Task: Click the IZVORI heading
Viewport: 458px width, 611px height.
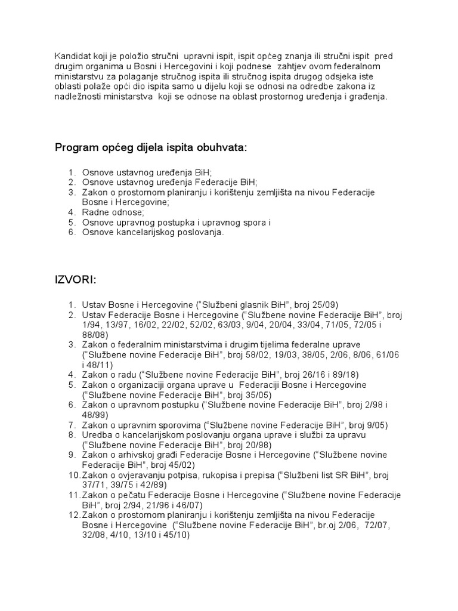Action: tap(76, 280)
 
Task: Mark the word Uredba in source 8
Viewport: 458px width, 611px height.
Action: tap(97, 436)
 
